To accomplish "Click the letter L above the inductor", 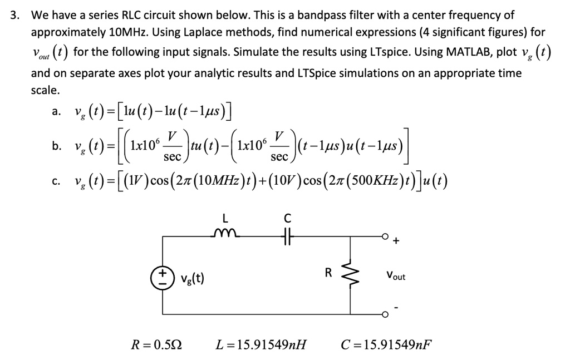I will pyautogui.click(x=224, y=217).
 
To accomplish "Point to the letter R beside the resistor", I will pyautogui.click(x=328, y=273).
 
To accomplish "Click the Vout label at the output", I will pyautogui.click(x=395, y=276).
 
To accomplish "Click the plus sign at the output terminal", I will pyautogui.click(x=396, y=241).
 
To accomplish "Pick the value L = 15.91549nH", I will pyautogui.click(x=261, y=344).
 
